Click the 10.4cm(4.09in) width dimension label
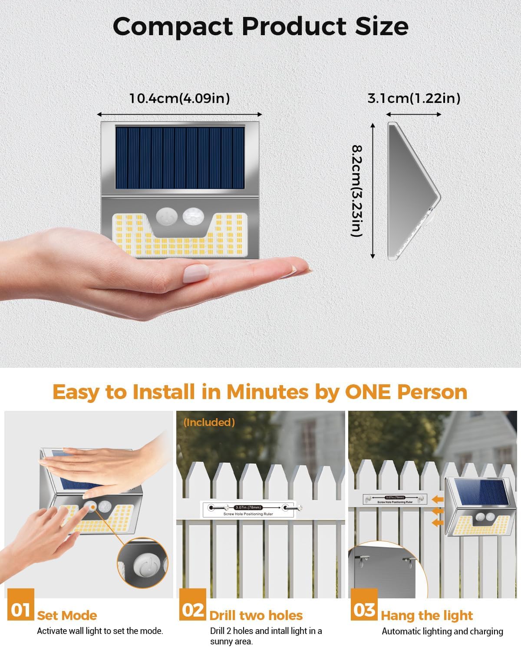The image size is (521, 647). pyautogui.click(x=179, y=99)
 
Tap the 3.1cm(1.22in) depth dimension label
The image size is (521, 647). pyautogui.click(x=414, y=99)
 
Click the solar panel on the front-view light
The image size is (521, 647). pyautogui.click(x=180, y=157)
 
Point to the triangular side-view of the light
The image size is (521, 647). pyautogui.click(x=412, y=191)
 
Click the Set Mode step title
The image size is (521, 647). pyautogui.click(x=67, y=615)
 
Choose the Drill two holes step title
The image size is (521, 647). pyautogui.click(x=256, y=615)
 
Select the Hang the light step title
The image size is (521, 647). pyautogui.click(x=427, y=615)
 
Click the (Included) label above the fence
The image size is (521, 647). pyautogui.click(x=209, y=422)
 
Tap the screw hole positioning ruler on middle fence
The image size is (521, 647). pyautogui.click(x=248, y=509)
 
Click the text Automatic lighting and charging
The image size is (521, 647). pyautogui.click(x=442, y=631)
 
